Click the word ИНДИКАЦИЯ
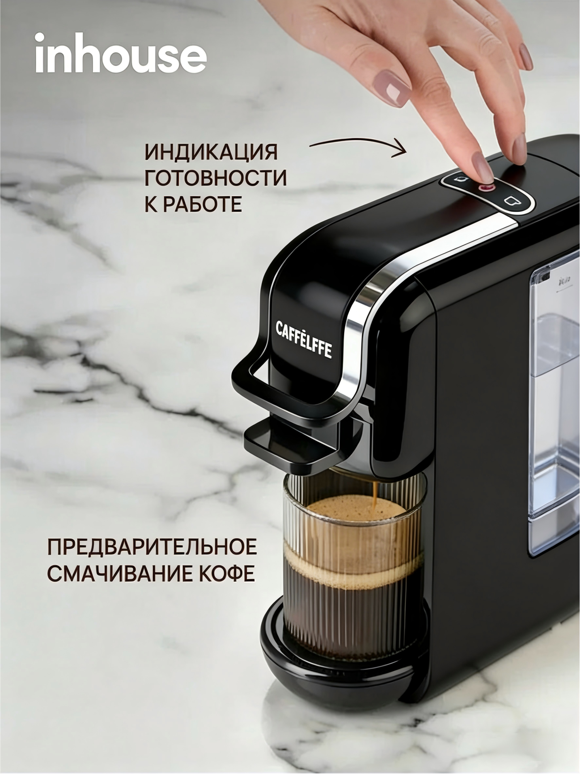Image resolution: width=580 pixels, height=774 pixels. click(x=211, y=152)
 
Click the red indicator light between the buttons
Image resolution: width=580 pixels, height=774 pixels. click(x=486, y=188)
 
